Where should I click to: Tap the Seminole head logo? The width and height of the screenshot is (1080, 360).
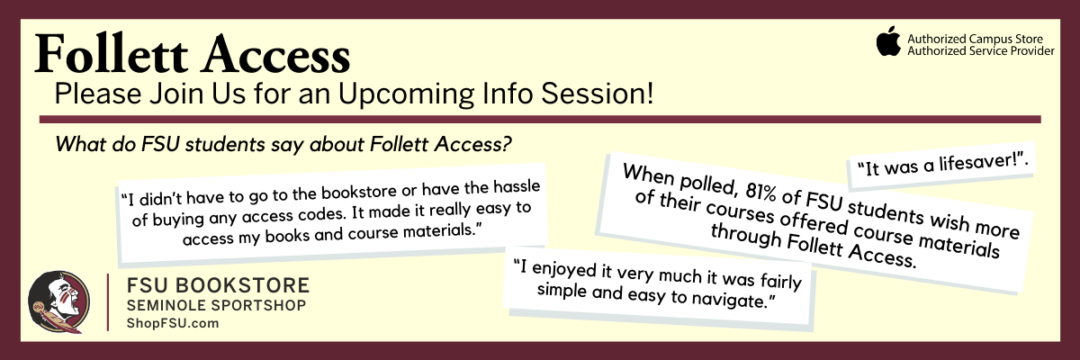58,301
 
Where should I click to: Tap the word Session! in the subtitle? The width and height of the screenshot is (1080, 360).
598,94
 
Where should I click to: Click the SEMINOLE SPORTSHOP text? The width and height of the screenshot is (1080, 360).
215,307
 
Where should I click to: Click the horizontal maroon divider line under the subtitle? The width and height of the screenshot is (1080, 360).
540,119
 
